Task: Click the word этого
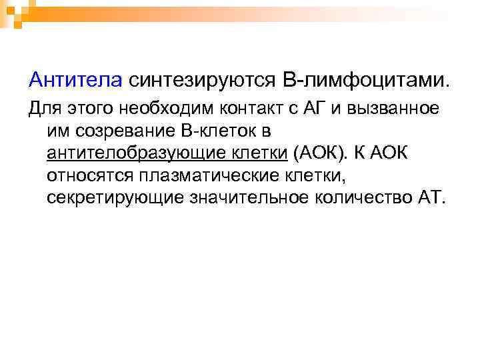pyautogui.click(x=86, y=109)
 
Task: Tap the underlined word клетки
pyautogui.click(x=257, y=153)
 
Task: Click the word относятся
pyautogui.click(x=91, y=175)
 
